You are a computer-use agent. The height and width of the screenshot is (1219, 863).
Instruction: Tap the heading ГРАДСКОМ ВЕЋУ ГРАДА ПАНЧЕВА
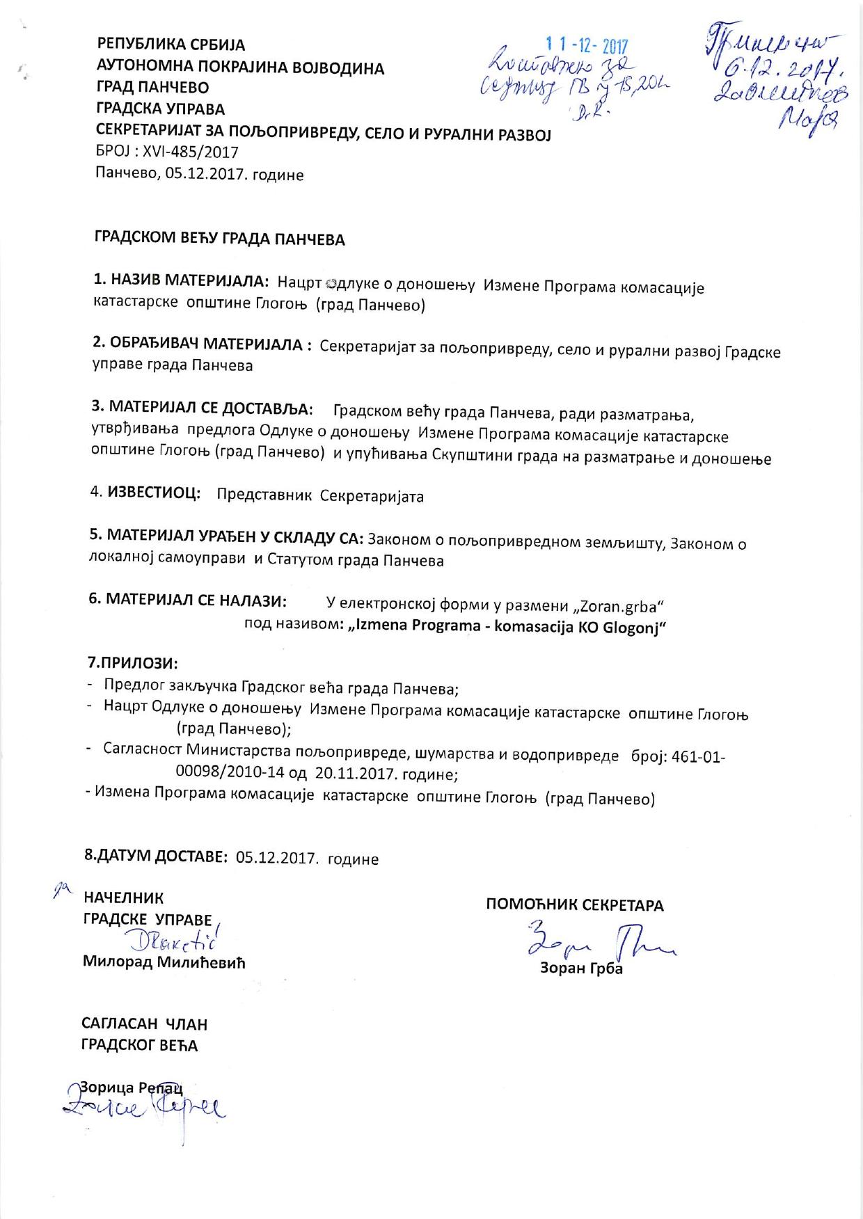coord(219,239)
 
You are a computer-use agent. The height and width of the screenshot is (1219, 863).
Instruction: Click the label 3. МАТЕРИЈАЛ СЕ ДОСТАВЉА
coord(202,406)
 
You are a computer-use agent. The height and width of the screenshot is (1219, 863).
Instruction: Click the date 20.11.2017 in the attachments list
coord(348,773)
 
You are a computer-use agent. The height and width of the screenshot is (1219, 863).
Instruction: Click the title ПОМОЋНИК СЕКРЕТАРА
coord(574,905)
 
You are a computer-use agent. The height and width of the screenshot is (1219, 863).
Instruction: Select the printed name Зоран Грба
coord(581,969)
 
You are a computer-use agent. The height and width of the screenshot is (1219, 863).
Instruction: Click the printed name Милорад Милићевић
coord(164,962)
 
